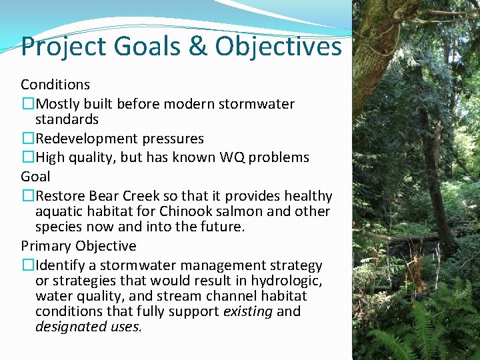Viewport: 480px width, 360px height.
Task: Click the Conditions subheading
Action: tap(55, 85)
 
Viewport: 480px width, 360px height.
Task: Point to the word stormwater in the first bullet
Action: tap(261, 104)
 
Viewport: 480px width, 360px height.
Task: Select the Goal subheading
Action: tap(35, 176)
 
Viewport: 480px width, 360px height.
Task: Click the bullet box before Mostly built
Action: tap(27, 104)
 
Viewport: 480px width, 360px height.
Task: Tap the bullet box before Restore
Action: tap(27, 196)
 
